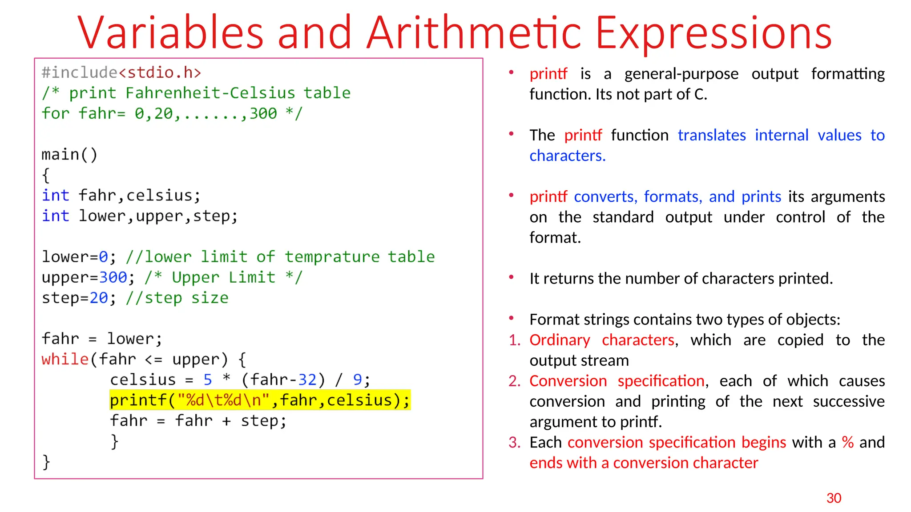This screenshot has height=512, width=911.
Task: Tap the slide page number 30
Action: [834, 498]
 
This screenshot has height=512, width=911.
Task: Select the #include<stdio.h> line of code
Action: [121, 72]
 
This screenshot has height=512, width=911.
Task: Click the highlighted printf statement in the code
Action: [260, 400]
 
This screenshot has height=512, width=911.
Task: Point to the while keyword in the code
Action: [65, 359]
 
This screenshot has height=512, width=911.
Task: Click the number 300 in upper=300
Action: [113, 277]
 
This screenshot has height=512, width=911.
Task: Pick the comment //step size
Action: [177, 298]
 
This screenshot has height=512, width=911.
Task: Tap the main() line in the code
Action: [69, 155]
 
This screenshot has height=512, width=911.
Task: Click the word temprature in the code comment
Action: [332, 257]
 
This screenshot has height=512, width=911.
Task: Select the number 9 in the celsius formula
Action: [358, 380]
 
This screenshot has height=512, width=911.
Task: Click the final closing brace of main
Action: [46, 462]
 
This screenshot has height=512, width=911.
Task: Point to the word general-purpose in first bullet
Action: [681, 74]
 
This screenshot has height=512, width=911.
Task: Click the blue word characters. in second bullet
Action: [567, 156]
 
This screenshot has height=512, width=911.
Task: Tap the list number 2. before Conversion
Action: [514, 381]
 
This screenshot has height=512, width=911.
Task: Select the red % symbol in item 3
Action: [847, 442]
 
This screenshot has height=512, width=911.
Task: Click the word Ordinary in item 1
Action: [560, 340]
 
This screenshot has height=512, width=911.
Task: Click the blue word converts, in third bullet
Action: [605, 196]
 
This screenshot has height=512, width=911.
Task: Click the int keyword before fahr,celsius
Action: [55, 196]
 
